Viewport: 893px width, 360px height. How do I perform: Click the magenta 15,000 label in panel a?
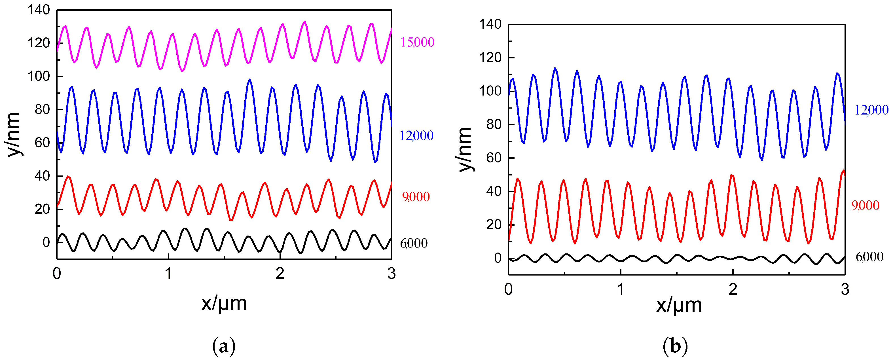(x=417, y=42)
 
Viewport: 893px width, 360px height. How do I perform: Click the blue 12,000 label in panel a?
(x=416, y=135)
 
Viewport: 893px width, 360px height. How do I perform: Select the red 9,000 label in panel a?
(x=416, y=197)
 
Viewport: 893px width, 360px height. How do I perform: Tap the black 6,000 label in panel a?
(x=414, y=243)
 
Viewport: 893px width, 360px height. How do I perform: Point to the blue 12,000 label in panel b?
(x=871, y=110)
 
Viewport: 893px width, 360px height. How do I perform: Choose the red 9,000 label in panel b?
(x=865, y=206)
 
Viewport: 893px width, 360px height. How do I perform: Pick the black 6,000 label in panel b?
(x=869, y=257)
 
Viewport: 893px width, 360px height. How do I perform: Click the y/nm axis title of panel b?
(x=465, y=150)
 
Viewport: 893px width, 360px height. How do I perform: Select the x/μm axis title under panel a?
(x=224, y=303)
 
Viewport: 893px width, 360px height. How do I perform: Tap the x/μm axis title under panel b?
(x=679, y=305)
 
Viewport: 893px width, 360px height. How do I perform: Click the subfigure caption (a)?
(x=224, y=346)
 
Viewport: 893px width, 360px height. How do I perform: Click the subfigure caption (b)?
(x=675, y=346)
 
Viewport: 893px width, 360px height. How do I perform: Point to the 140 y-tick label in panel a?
(x=39, y=10)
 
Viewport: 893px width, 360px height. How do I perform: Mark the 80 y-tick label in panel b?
(x=494, y=124)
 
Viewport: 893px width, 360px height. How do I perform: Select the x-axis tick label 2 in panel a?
(x=280, y=274)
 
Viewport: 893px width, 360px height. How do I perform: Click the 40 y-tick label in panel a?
(x=42, y=176)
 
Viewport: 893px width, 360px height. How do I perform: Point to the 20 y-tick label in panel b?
(x=494, y=225)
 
